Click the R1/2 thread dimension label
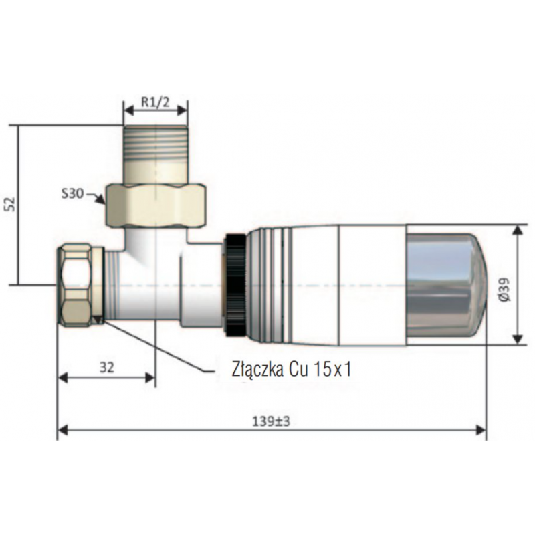(155, 104)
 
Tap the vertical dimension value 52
(9, 203)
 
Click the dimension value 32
(106, 366)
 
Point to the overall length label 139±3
(271, 421)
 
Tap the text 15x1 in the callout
(332, 370)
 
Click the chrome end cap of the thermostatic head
(444, 285)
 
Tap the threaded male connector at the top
(156, 150)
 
